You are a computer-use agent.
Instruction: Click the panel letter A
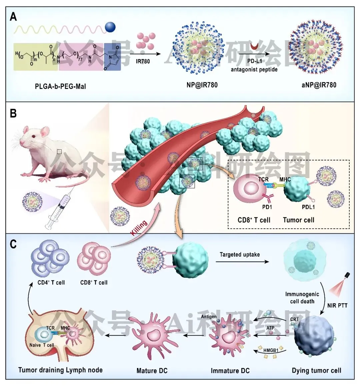13,17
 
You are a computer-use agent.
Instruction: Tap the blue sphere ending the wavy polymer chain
110,27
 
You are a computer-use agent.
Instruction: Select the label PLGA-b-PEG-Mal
60,86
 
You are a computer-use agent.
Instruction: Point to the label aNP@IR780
319,85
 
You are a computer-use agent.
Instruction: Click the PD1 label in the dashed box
267,207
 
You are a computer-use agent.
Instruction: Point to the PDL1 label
308,207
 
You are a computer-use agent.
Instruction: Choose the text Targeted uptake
239,255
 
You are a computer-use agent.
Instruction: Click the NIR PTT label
337,305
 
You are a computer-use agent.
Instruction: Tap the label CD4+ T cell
51,283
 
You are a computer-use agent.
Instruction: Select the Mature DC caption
152,371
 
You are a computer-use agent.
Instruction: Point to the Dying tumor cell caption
316,371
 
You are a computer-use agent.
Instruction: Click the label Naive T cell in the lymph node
42,345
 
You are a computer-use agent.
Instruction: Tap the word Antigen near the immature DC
209,317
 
